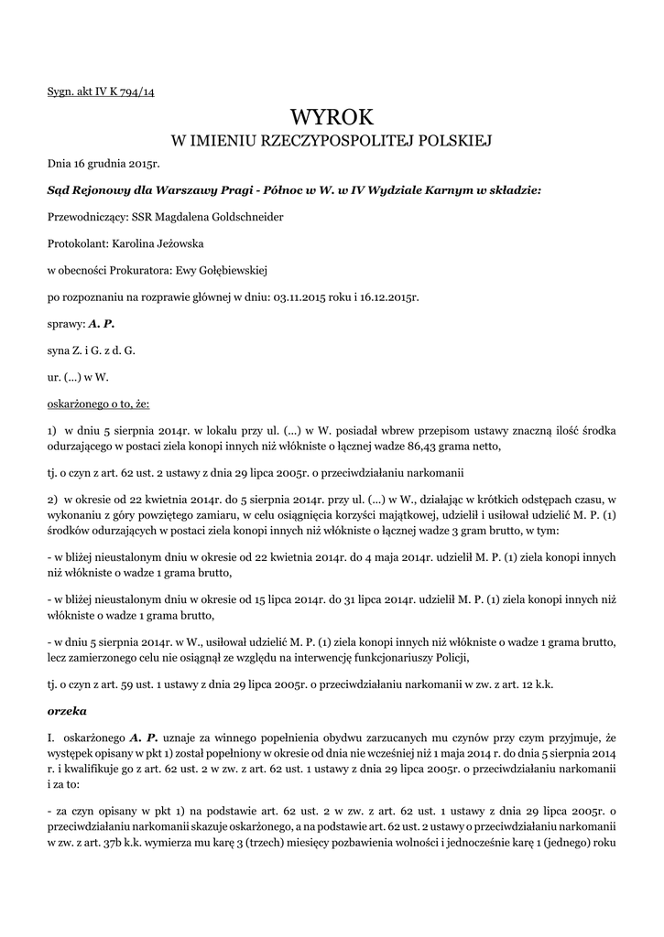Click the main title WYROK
click(332, 117)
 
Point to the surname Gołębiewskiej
click(225, 271)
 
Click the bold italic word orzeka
click(65, 709)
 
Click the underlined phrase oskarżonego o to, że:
click(98, 403)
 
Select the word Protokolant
click(78, 244)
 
